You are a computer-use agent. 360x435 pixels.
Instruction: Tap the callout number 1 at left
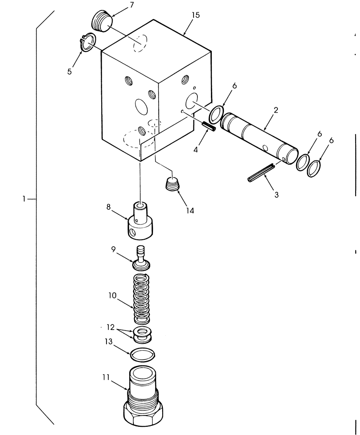[24, 199]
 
